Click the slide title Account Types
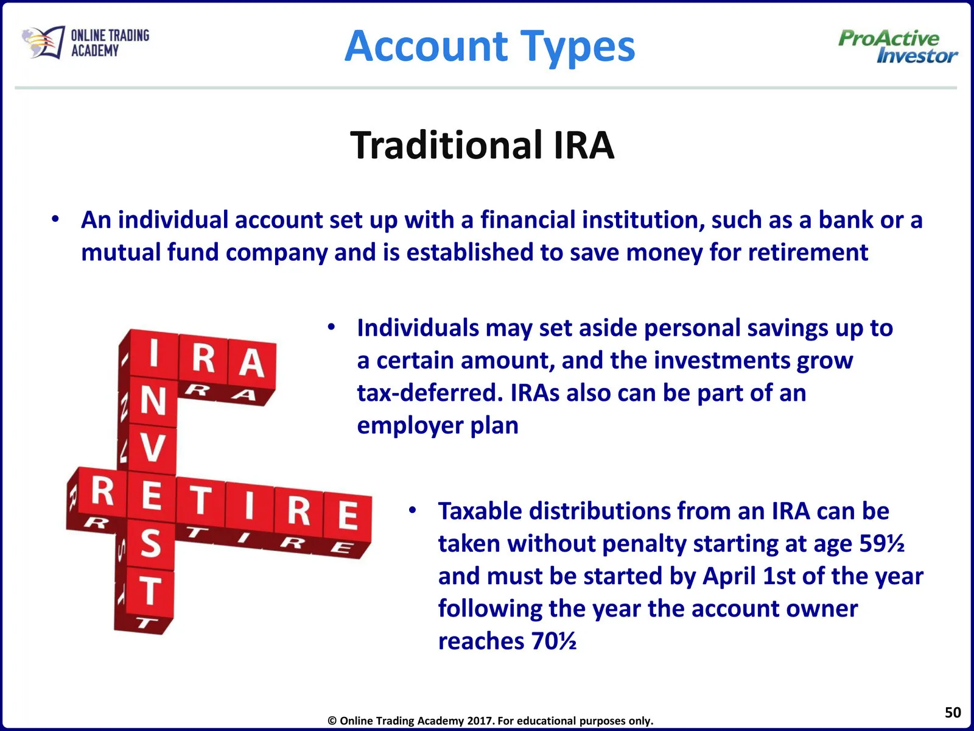tap(489, 47)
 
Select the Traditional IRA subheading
tap(482, 145)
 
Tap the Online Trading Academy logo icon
tap(43, 41)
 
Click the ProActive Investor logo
tap(898, 47)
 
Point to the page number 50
tap(953, 712)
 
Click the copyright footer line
tap(490, 721)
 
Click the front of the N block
tap(153, 401)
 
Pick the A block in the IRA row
tap(251, 363)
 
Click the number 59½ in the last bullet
tap(881, 543)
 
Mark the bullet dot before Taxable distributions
tap(412, 511)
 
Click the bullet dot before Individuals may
tap(332, 328)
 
